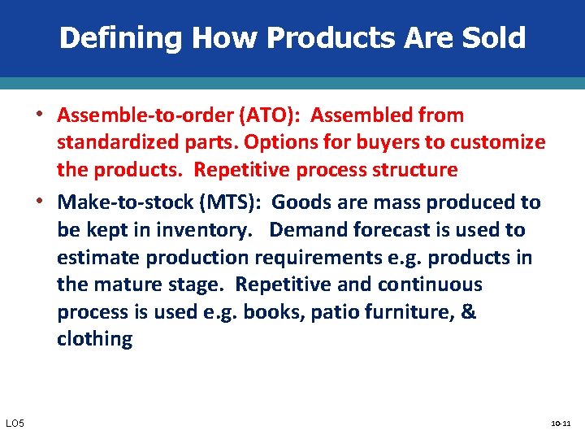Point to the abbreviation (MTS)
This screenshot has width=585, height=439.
pos(236,202)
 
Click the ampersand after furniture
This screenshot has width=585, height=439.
pos(468,312)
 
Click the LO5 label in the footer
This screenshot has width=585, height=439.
pos(15,424)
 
